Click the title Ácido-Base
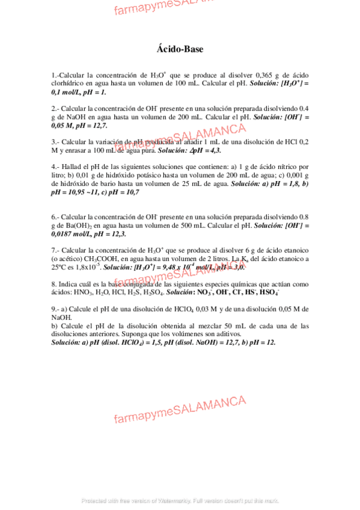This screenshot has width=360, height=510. (x=180, y=49)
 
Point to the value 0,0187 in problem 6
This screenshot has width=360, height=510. (x=64, y=234)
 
